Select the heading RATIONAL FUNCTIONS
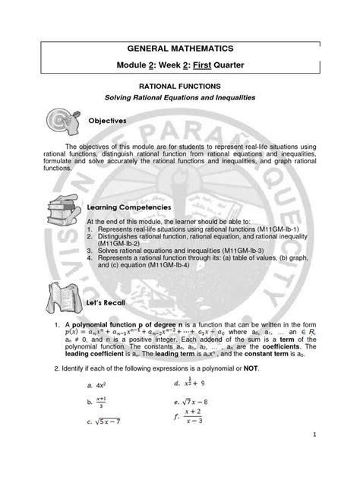click(179, 88)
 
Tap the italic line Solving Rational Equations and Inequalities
click(179, 101)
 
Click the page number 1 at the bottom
click(334, 456)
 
